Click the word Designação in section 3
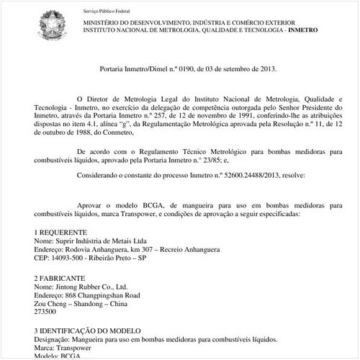coord(54,338)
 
